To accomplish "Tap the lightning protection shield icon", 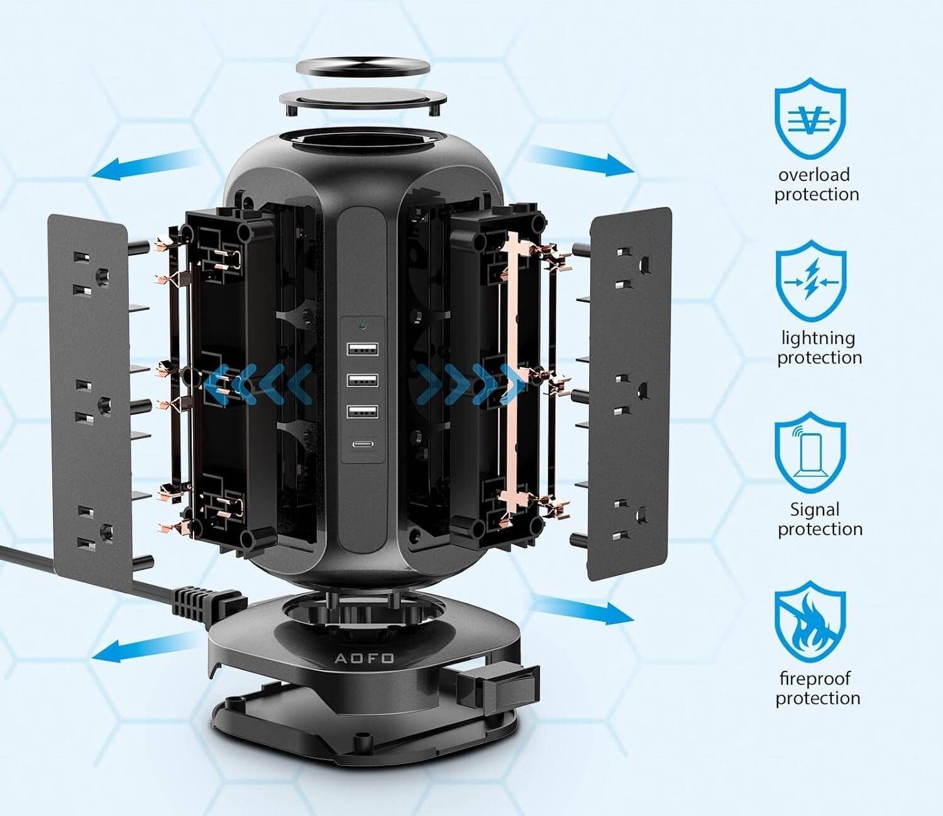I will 810,282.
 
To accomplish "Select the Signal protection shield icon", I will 810,453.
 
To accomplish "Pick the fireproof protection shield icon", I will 810,622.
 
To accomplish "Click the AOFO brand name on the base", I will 364,658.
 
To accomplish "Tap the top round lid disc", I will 363,67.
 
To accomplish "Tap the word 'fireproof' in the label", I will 814,678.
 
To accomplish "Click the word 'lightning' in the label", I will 818,338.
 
